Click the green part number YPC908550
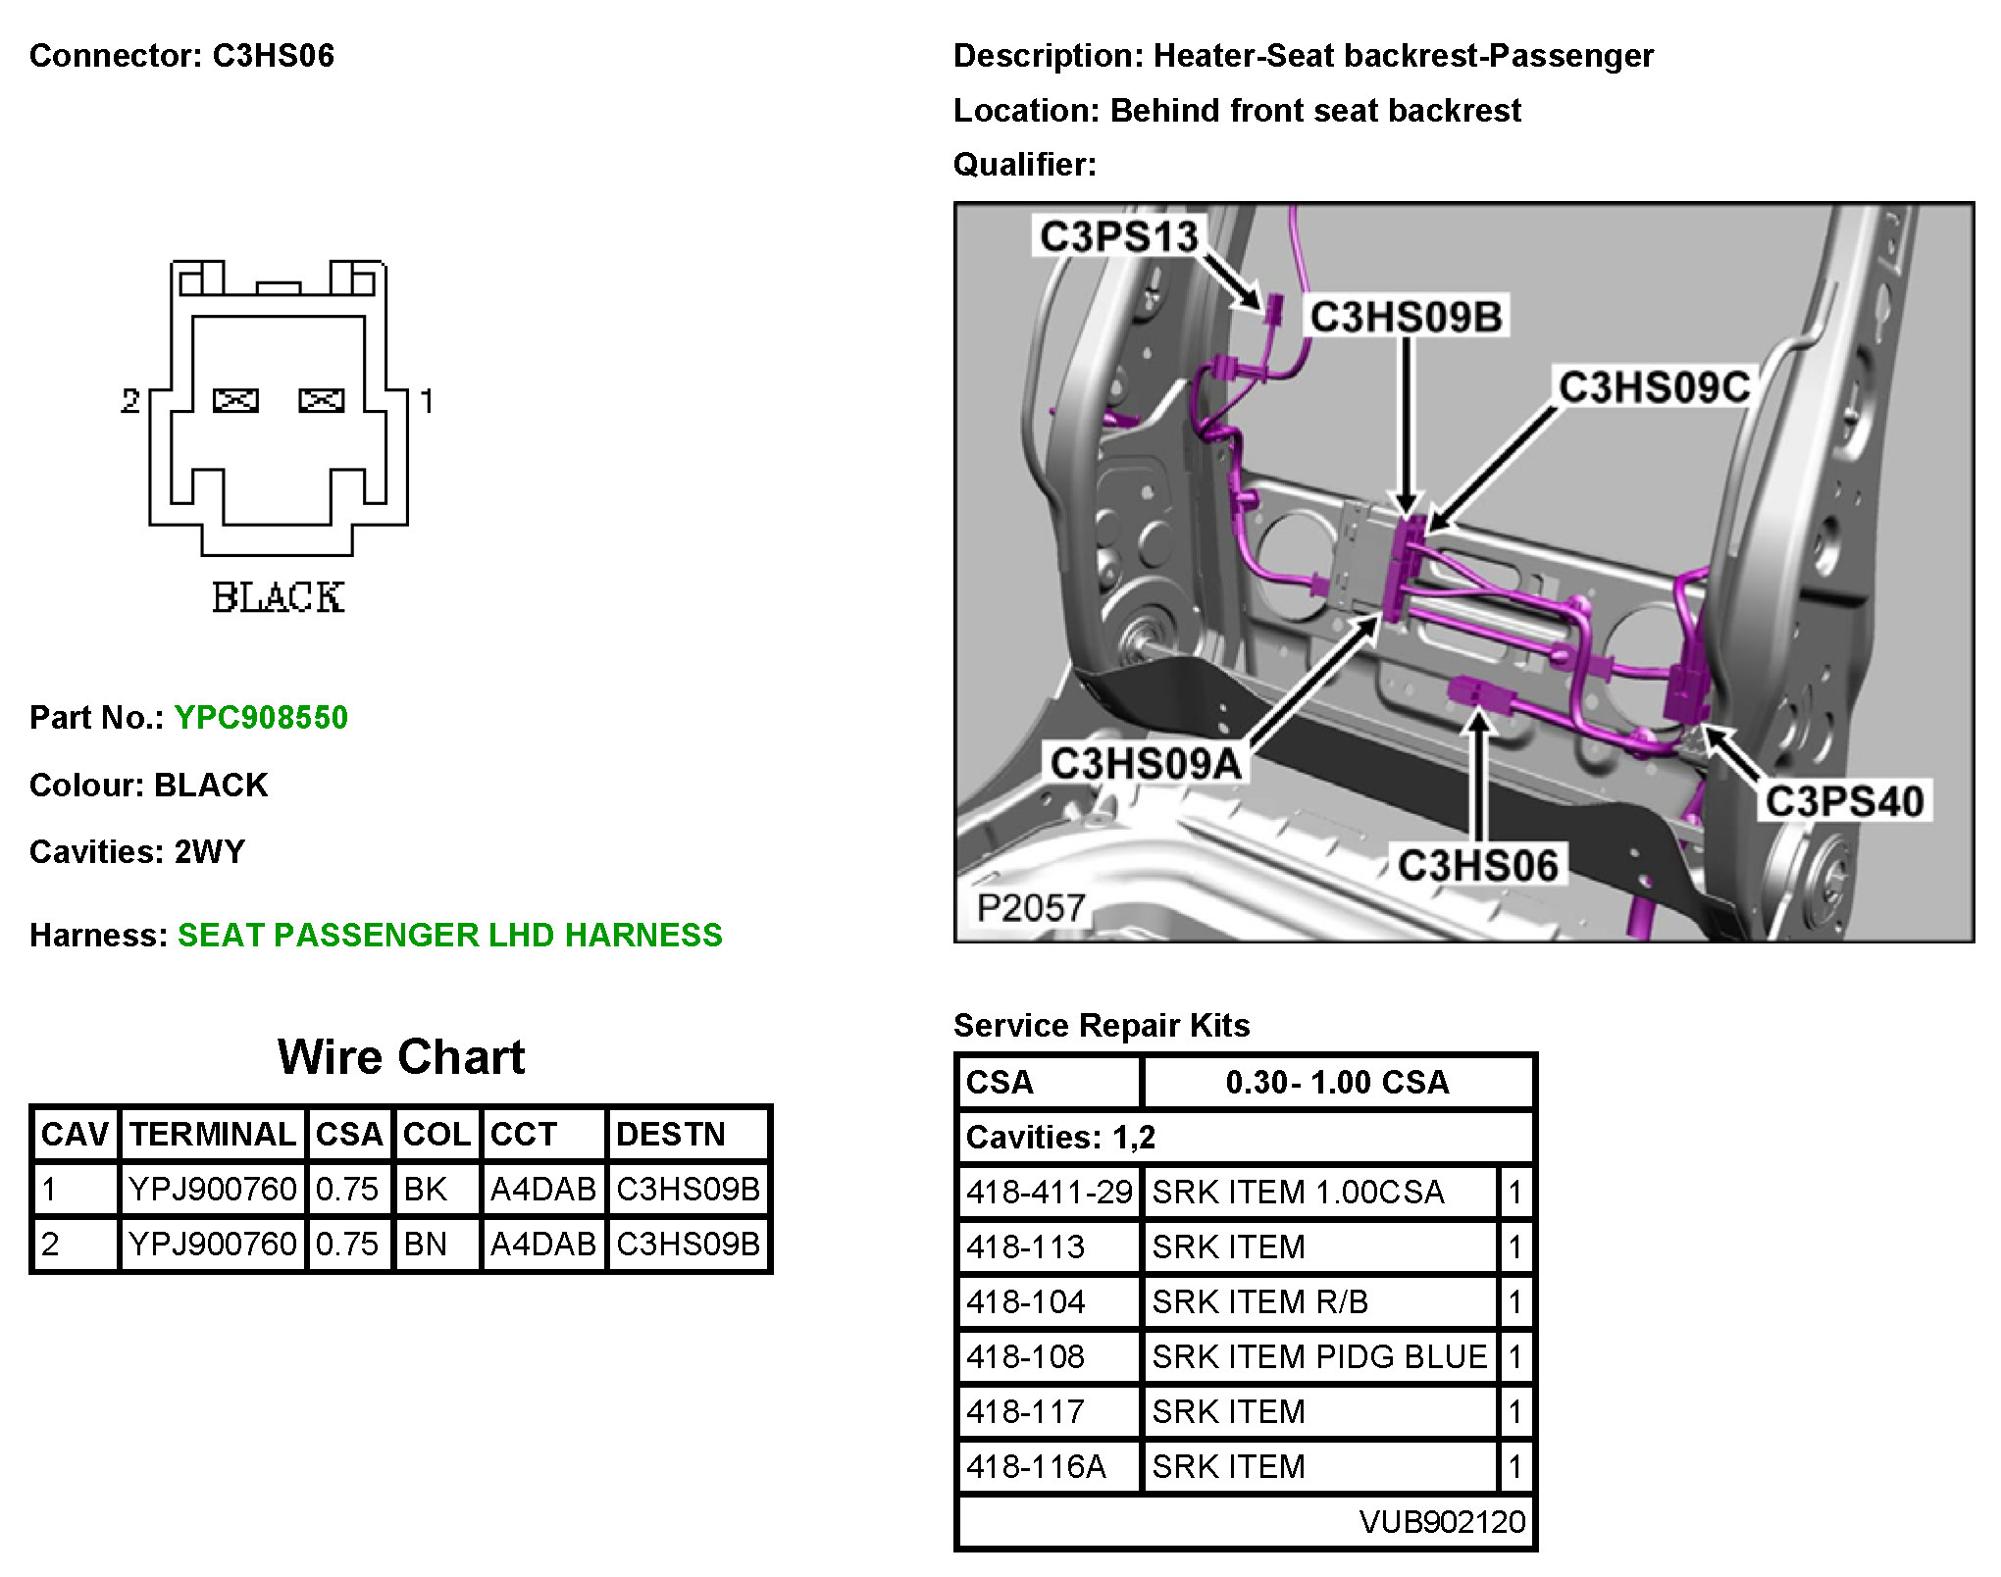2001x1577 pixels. coord(261,717)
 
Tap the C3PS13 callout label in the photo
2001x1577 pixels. coord(1118,236)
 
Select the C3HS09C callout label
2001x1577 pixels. coord(1654,387)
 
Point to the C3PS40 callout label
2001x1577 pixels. coord(1844,801)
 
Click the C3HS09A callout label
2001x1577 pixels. coord(1145,763)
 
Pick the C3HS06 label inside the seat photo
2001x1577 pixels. coord(1477,866)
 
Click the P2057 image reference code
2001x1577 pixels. coord(1030,907)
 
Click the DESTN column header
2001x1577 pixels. coord(671,1134)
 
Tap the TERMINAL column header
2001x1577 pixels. coord(213,1134)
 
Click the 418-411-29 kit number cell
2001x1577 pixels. coord(1049,1192)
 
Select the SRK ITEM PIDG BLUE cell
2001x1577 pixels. coord(1319,1356)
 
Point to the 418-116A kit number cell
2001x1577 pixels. coord(1036,1466)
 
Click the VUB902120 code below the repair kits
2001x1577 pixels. coord(1442,1521)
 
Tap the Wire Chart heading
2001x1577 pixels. coord(401,1057)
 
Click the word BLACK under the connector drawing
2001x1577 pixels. coord(278,597)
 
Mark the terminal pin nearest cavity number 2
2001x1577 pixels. coord(235,400)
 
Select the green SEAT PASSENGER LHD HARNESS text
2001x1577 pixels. coord(449,935)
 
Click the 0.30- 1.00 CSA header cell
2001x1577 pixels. coord(1337,1082)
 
